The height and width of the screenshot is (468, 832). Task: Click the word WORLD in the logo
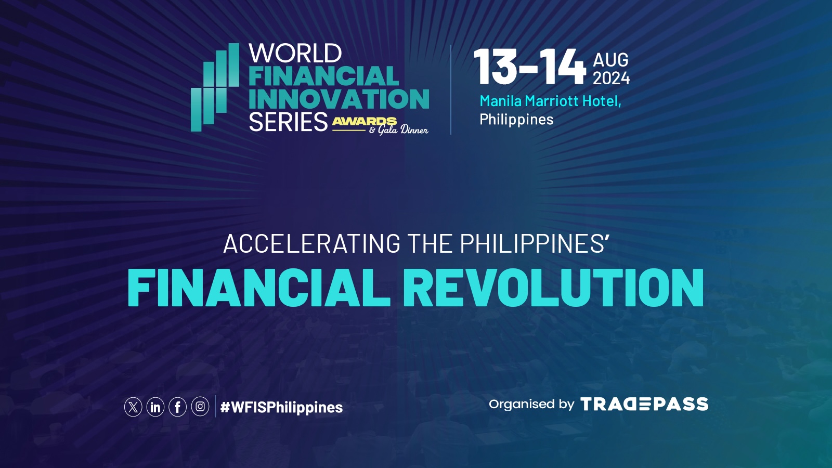click(295, 53)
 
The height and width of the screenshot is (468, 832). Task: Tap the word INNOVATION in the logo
click(339, 99)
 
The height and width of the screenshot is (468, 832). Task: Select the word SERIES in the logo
click(288, 122)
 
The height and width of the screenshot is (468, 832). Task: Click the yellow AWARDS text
click(364, 122)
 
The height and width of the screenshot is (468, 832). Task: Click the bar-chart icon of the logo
click(215, 87)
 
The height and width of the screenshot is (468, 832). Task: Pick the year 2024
click(611, 78)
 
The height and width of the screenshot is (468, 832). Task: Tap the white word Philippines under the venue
click(516, 120)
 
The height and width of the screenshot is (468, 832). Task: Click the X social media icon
click(133, 407)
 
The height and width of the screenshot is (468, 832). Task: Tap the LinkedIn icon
click(155, 407)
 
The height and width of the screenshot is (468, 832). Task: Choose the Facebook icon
click(177, 407)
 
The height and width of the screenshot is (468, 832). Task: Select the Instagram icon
click(200, 407)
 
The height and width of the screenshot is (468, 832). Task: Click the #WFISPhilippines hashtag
click(281, 408)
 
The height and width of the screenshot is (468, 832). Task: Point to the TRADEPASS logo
click(644, 404)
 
